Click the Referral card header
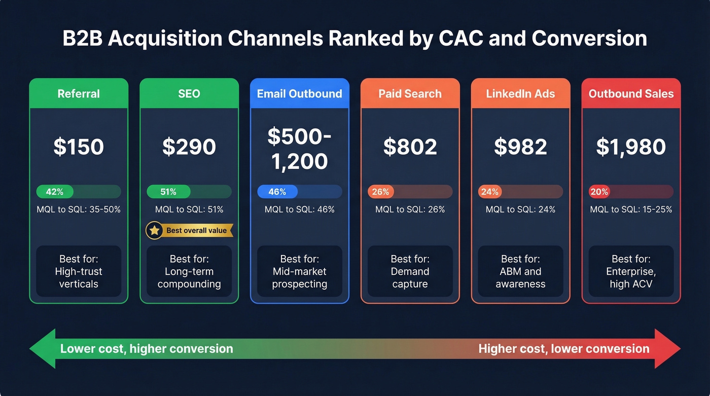(79, 94)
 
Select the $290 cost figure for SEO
(189, 147)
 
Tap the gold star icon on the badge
(154, 230)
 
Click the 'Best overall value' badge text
(196, 230)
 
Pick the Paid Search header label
(410, 94)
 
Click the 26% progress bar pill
(380, 192)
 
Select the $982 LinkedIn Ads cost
(520, 147)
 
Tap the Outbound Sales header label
(631, 94)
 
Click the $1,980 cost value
(631, 147)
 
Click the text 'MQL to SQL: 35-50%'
(79, 209)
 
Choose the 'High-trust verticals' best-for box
(79, 271)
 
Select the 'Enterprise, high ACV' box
(631, 271)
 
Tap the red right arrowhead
(668, 349)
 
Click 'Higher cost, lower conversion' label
(563, 349)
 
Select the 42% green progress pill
(55, 192)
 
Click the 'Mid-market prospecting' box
(299, 271)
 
